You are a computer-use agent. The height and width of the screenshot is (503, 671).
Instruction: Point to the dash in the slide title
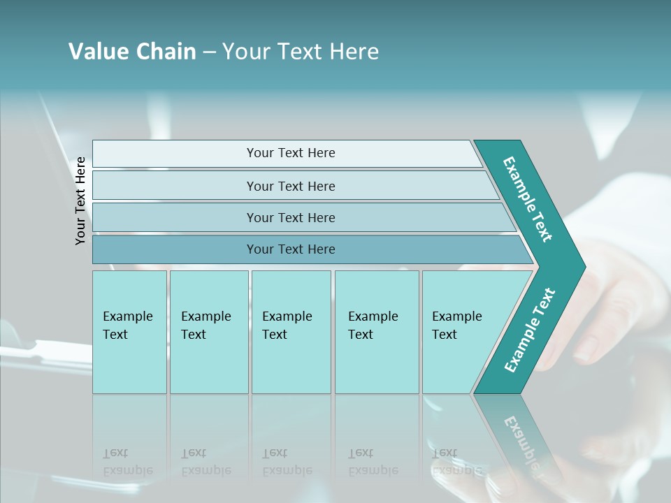tap(209, 52)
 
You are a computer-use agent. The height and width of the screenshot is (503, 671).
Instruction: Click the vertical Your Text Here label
tap(80, 201)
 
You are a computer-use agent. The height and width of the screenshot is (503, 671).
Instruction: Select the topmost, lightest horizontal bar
tap(290, 153)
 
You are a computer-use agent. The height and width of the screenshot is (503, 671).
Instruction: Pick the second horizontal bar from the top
tap(290, 186)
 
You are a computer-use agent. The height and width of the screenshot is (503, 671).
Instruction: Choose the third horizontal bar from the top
tap(290, 217)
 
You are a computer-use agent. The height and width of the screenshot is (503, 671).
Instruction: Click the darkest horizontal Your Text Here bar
tap(290, 249)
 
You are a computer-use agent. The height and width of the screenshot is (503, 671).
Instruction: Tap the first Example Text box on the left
tap(129, 332)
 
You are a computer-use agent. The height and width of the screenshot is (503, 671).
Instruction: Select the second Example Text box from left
tap(208, 332)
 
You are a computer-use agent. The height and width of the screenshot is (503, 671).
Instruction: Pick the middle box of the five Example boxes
tap(291, 332)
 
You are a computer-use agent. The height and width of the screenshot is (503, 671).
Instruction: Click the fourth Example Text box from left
tap(376, 332)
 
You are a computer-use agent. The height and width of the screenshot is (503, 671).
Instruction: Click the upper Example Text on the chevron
tap(528, 199)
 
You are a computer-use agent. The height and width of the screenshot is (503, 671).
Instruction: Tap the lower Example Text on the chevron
tap(530, 330)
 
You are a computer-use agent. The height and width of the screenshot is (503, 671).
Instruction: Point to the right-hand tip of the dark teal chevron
tap(584, 266)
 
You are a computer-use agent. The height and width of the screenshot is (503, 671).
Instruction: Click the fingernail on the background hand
tap(586, 347)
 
